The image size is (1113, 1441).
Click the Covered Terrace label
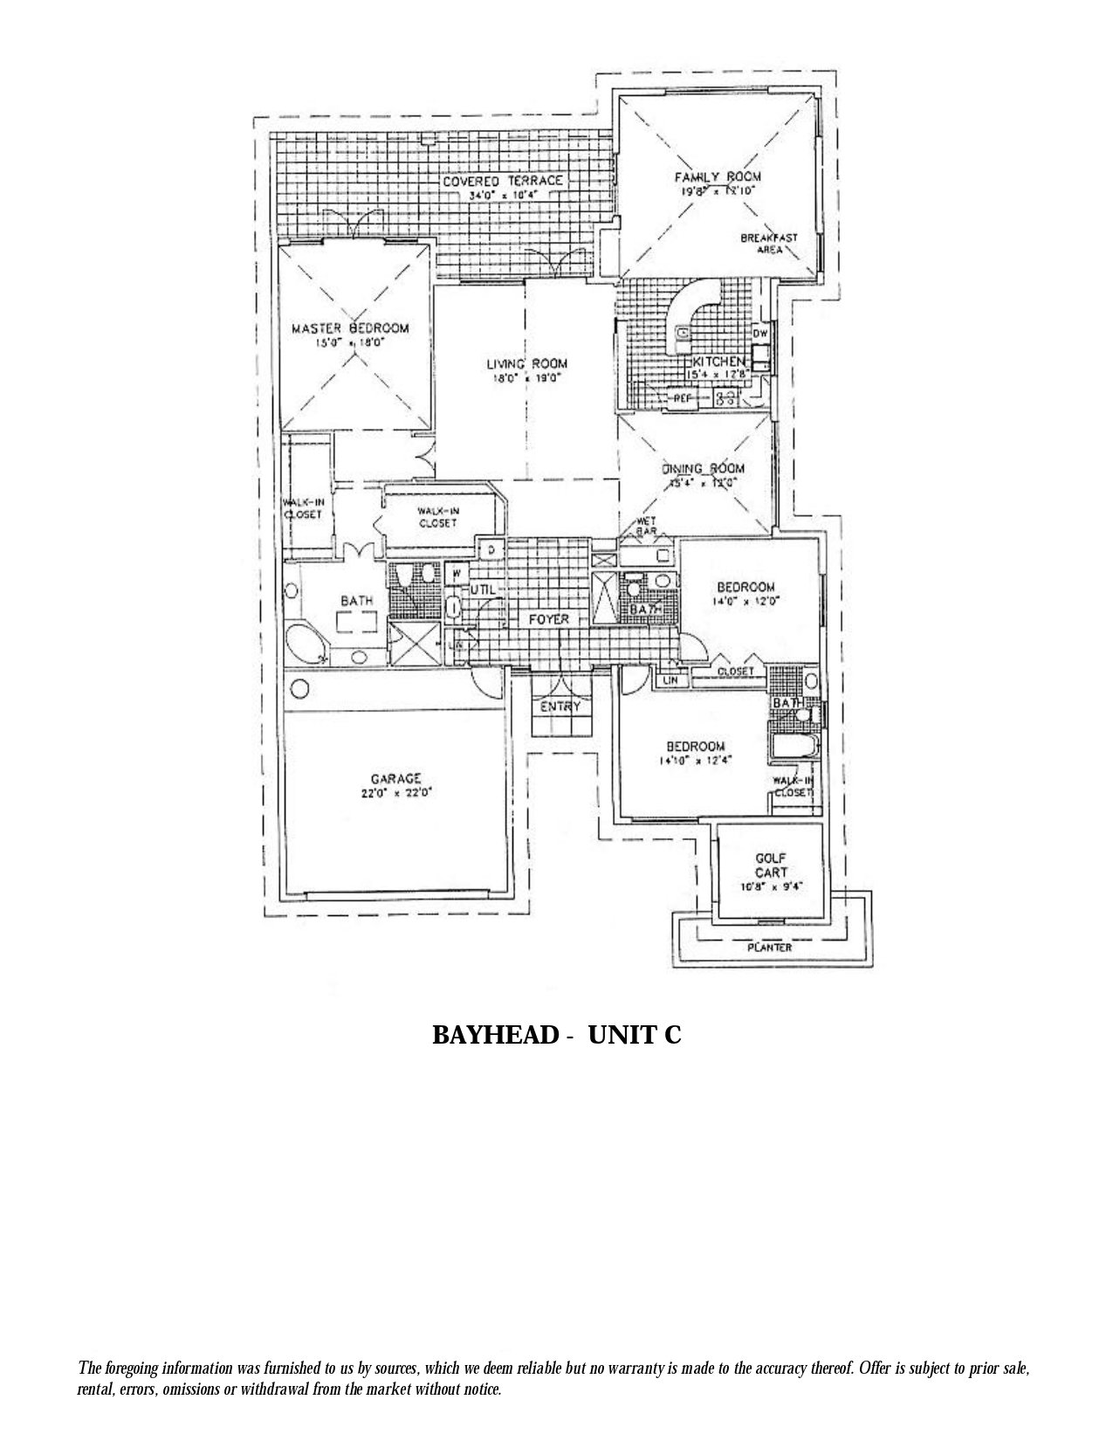[x=502, y=181]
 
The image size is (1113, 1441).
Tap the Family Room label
[x=711, y=176]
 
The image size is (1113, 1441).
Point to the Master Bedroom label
[x=350, y=328]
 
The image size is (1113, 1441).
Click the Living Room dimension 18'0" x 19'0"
[x=522, y=379]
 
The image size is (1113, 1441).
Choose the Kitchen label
[x=718, y=361]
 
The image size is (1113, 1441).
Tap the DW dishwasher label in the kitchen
[x=760, y=333]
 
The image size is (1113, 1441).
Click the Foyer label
[x=548, y=619]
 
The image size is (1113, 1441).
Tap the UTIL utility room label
[x=483, y=590]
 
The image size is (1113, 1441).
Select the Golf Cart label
[x=771, y=865]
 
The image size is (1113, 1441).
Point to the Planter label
[x=769, y=947]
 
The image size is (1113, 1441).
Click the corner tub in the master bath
[x=309, y=644]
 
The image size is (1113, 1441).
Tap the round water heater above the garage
[x=299, y=689]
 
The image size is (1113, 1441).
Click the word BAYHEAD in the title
[x=495, y=1035]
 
